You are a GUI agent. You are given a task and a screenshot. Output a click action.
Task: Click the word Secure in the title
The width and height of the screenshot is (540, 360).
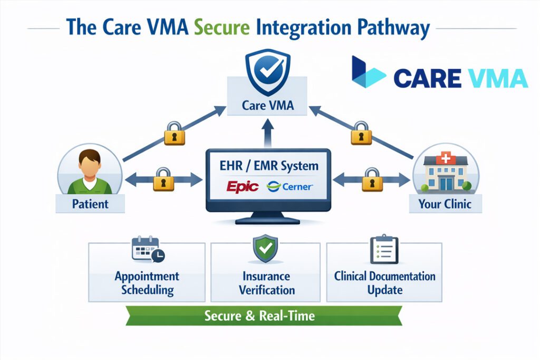click(223, 28)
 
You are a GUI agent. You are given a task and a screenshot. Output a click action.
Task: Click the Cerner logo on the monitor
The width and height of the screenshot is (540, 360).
click(290, 186)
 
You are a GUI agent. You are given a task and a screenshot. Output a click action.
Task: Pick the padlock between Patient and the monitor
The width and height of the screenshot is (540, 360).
click(163, 180)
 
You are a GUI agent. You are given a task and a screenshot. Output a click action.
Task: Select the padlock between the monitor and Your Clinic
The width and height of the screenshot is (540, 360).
click(372, 180)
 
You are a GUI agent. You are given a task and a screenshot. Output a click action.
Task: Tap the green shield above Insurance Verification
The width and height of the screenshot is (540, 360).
click(266, 249)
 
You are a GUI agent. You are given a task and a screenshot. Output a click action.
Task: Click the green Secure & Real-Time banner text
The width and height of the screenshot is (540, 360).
click(259, 316)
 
